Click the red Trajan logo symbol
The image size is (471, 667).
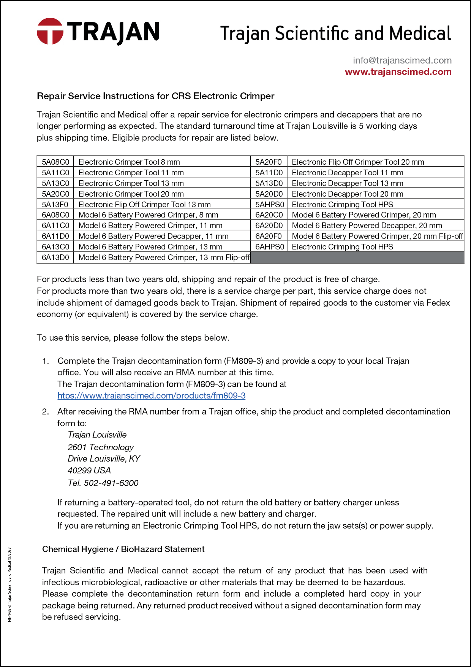pyautogui.click(x=50, y=31)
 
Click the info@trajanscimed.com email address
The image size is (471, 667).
pyautogui.click(x=402, y=60)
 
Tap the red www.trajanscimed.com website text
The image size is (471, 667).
pyautogui.click(x=398, y=72)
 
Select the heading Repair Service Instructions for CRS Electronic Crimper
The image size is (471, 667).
pyautogui.click(x=155, y=96)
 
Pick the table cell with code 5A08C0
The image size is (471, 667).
pyautogui.click(x=55, y=162)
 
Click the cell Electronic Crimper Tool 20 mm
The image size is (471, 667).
pyautogui.click(x=131, y=194)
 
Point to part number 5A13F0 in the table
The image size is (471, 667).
pyautogui.click(x=55, y=205)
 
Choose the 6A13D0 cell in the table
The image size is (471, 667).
pyautogui.click(x=55, y=257)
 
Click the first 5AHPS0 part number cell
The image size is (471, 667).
pyautogui.click(x=269, y=205)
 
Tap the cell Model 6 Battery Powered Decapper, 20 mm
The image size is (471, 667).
pyautogui.click(x=367, y=226)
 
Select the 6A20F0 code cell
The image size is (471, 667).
pyautogui.click(x=269, y=236)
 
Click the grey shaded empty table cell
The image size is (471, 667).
pyautogui.click(x=357, y=257)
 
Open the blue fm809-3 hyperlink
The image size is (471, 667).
pyautogui.click(x=151, y=396)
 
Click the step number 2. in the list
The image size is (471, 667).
pyautogui.click(x=46, y=411)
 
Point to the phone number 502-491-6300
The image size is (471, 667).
pyautogui.click(x=111, y=483)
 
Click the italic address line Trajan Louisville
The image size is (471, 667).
pyautogui.click(x=97, y=435)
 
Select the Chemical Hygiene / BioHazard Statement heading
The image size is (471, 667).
pyautogui.click(x=123, y=549)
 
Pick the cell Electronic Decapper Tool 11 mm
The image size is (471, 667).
pyautogui.click(x=347, y=173)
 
